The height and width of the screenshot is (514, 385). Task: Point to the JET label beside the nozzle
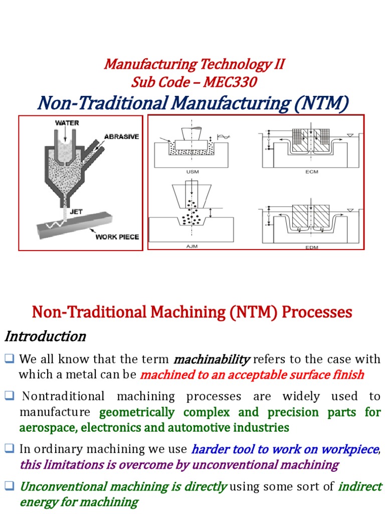pyautogui.click(x=76, y=212)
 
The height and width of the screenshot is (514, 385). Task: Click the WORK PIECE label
pyautogui.click(x=117, y=237)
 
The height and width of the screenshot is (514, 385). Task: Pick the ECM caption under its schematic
pyautogui.click(x=311, y=172)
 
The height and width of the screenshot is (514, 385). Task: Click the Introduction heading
pyautogui.click(x=45, y=336)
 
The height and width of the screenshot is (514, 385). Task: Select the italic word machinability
pyautogui.click(x=211, y=359)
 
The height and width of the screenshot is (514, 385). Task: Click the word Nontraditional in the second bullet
pyautogui.click(x=62, y=397)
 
